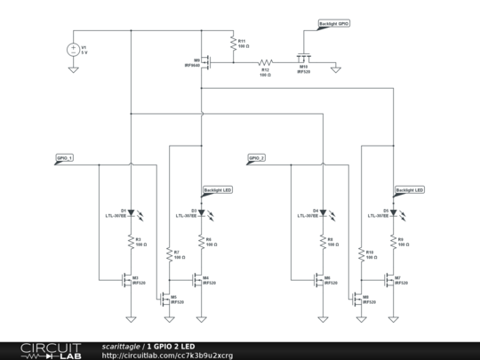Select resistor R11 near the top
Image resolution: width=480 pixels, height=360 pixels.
(x=230, y=44)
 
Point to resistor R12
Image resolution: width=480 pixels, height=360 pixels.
(x=265, y=64)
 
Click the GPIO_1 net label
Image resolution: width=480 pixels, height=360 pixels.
(x=65, y=157)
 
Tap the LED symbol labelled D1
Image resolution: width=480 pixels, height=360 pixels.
(x=131, y=213)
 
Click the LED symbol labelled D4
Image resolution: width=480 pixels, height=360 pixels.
(x=323, y=213)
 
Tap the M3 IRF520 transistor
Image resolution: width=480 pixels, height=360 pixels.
(x=127, y=279)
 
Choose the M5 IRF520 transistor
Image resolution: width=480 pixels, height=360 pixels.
(x=164, y=299)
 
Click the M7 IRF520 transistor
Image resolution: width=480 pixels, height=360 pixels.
(x=390, y=279)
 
